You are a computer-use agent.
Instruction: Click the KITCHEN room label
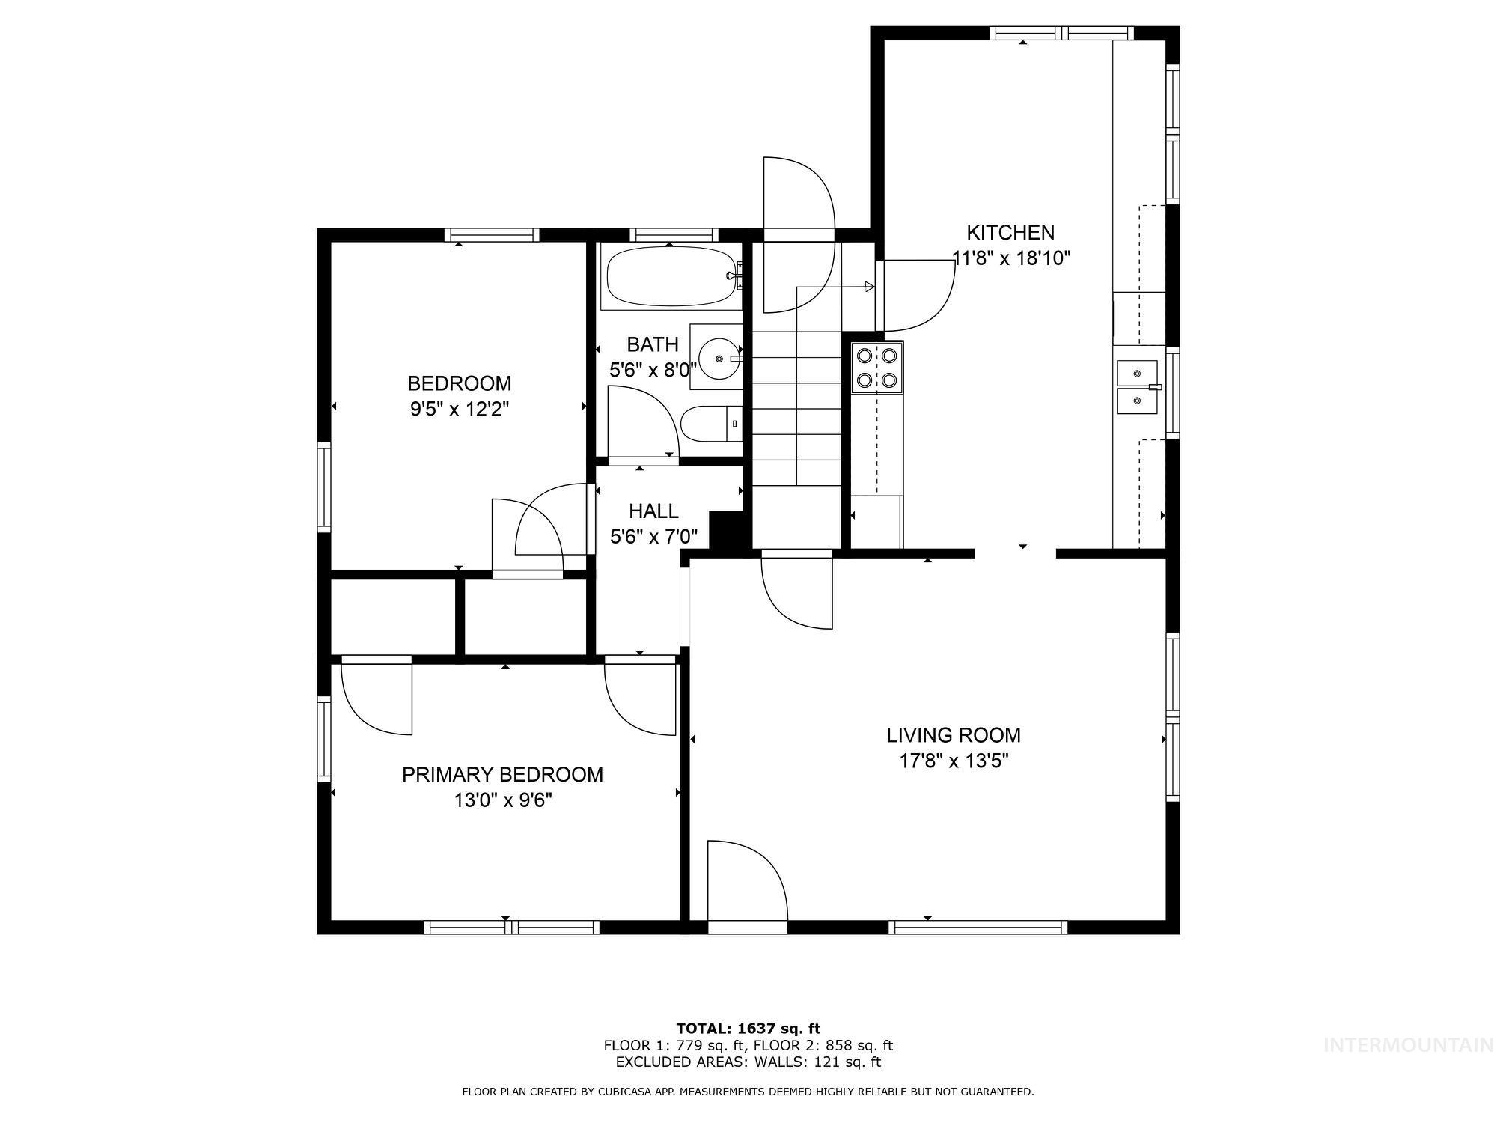pyautogui.click(x=1010, y=232)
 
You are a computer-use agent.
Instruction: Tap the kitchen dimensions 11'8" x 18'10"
pyautogui.click(x=1010, y=258)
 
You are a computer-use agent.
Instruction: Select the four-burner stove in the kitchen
pyautogui.click(x=877, y=368)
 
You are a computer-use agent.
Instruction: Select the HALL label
pyautogui.click(x=653, y=511)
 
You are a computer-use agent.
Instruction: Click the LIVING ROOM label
pyautogui.click(x=954, y=735)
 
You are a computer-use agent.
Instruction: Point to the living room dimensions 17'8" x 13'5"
pyautogui.click(x=954, y=761)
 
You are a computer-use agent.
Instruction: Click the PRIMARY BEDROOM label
pyautogui.click(x=502, y=774)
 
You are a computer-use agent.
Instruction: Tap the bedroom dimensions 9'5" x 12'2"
pyautogui.click(x=459, y=409)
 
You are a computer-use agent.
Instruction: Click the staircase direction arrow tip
pyautogui.click(x=871, y=287)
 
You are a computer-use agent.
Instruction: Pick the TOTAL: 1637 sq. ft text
pyautogui.click(x=748, y=1029)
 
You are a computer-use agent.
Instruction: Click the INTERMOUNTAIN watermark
pyautogui.click(x=1408, y=1045)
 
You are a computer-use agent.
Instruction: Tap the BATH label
pyautogui.click(x=653, y=344)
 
